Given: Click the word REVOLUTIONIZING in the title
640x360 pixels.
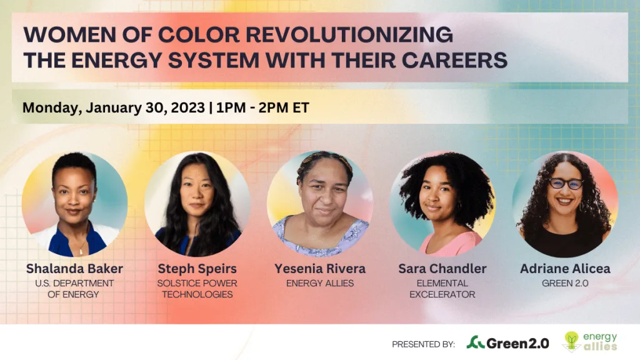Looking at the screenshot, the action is tap(349, 34).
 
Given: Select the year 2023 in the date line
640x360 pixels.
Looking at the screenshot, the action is tap(187, 107).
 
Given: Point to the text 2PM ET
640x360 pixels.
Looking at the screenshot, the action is tap(284, 107).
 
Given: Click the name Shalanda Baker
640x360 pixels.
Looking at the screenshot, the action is tap(74, 269).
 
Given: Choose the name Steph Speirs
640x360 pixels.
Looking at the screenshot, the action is tap(197, 269).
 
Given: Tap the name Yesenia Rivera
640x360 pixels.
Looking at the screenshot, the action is tap(320, 269).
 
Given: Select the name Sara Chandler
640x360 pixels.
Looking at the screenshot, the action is tap(442, 269).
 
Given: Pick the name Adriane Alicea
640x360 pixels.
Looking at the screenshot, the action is tap(565, 269).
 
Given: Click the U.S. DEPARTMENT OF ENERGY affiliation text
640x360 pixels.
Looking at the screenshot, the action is tap(74, 289).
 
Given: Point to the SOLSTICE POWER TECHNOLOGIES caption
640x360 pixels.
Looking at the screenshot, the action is tap(197, 289).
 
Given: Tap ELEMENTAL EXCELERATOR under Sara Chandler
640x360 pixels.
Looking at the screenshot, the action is tap(442, 289).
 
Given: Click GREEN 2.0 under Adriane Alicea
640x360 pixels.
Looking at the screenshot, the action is tap(565, 283).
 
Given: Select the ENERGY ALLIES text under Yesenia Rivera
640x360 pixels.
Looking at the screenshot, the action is tap(320, 283).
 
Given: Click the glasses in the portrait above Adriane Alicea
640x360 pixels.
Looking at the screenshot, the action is tap(566, 184).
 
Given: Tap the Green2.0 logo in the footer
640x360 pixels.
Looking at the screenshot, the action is tap(507, 343).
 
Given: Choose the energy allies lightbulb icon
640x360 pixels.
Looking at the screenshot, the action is tap(571, 341).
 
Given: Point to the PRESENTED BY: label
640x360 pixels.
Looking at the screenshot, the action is tap(423, 344).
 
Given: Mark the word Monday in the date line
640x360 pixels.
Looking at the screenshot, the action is tap(50, 107).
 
